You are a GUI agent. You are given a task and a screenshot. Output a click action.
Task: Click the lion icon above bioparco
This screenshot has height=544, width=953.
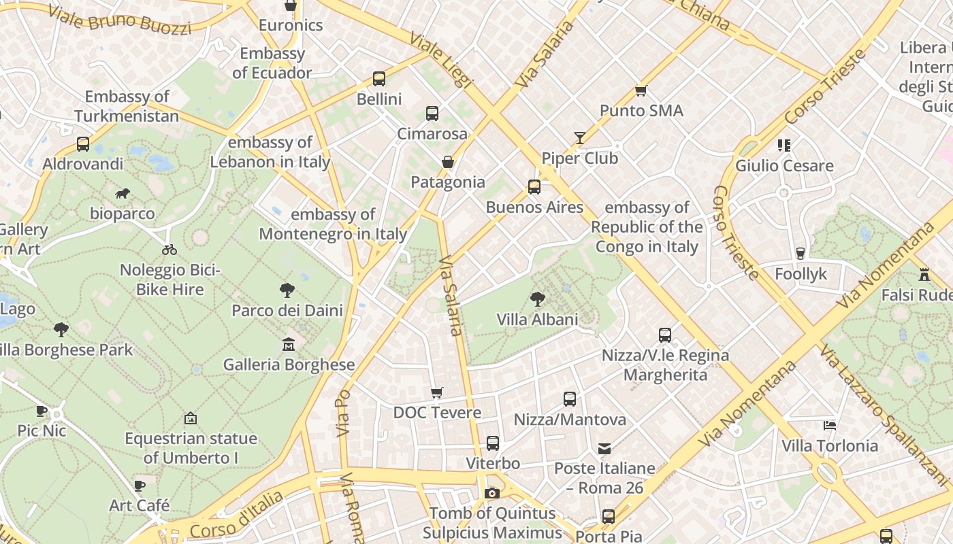(x=123, y=194)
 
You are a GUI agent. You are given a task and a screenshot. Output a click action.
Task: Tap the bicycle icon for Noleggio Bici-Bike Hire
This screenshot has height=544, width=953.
(x=169, y=250)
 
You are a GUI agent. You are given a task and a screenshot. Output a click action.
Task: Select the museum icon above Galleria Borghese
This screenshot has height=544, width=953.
(x=289, y=345)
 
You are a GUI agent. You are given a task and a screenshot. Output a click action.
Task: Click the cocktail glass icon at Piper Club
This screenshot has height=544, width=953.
(x=579, y=138)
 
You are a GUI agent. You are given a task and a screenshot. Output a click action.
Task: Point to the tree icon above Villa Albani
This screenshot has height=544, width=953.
(x=537, y=299)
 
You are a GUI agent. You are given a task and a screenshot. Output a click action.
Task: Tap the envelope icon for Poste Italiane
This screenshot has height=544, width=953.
(x=604, y=448)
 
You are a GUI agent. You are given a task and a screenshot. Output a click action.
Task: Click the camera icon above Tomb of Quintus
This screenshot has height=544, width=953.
(x=492, y=493)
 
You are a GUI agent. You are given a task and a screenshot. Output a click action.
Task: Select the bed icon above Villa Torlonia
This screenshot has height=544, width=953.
(x=829, y=426)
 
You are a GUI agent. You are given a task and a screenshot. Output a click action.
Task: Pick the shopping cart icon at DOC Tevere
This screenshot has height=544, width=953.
(x=437, y=392)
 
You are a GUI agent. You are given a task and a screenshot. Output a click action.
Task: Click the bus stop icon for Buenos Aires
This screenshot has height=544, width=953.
(x=534, y=187)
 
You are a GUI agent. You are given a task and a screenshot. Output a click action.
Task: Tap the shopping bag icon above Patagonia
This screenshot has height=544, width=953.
(x=448, y=162)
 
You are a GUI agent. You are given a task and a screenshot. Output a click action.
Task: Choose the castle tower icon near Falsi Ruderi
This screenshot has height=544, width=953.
(x=924, y=275)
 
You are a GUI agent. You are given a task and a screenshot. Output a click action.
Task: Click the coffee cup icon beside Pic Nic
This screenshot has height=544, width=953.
(x=42, y=411)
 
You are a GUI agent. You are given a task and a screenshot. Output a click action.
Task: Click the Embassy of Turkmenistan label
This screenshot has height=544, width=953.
(x=127, y=106)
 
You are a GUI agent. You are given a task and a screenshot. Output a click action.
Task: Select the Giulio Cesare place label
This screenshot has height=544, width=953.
(x=784, y=166)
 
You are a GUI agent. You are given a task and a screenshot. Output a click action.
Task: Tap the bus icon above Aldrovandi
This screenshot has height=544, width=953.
(x=83, y=144)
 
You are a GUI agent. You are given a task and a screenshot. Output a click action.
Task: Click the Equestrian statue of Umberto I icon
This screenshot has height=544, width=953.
(x=191, y=418)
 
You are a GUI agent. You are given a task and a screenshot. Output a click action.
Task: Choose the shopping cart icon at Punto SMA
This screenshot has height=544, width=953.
(x=641, y=90)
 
